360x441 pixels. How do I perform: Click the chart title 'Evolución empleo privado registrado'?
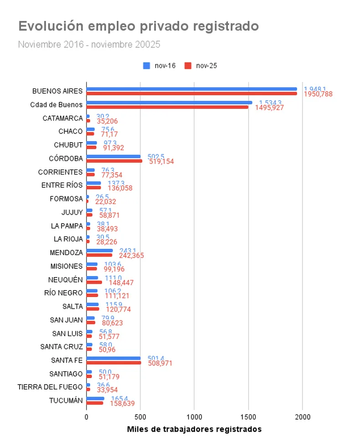pyautogui.click(x=139, y=26)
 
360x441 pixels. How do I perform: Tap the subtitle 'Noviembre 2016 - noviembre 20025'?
pyautogui.click(x=89, y=45)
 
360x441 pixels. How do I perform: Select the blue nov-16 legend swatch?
pyautogui.click(x=147, y=66)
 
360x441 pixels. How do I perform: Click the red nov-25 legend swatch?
pyautogui.click(x=188, y=66)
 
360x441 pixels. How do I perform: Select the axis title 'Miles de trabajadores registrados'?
pyautogui.click(x=194, y=429)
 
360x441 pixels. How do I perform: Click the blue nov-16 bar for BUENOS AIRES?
pyautogui.click(x=191, y=89)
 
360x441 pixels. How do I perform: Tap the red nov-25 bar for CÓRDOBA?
pyautogui.click(x=114, y=161)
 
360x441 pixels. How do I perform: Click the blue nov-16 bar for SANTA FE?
pyautogui.click(x=113, y=358)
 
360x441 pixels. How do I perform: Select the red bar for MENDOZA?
pyautogui.click(x=99, y=255)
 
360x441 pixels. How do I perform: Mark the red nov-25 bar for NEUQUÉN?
pyautogui.click(x=94, y=282)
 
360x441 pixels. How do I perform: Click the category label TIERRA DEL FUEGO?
pyautogui.click(x=50, y=387)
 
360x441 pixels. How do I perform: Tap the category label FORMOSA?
pyautogui.click(x=67, y=199)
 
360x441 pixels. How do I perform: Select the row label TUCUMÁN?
pyautogui.click(x=66, y=400)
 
